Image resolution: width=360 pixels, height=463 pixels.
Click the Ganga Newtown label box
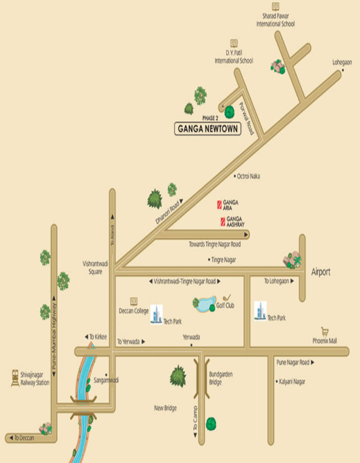coord(208,129)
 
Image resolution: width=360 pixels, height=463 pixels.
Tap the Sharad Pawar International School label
coord(276,21)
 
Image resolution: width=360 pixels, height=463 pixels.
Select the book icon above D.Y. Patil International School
coord(234,43)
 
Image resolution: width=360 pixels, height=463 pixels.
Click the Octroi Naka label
coord(248,176)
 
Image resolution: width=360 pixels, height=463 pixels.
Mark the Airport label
coord(321,272)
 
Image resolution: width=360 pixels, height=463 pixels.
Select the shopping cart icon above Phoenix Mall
coord(325,331)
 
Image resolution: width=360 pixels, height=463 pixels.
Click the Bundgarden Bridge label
coord(221,378)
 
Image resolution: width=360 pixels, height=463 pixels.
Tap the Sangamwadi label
coord(106,380)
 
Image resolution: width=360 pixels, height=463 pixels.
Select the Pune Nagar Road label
coord(293,363)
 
